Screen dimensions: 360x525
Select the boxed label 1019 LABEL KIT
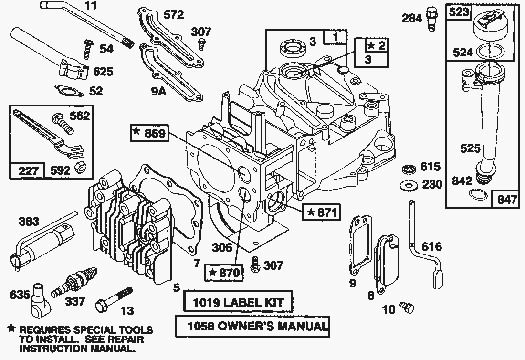(x=238, y=302)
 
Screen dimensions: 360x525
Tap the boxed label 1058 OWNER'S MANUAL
(x=252, y=327)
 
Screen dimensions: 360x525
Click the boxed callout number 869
(x=150, y=133)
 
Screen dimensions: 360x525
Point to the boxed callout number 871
(x=320, y=212)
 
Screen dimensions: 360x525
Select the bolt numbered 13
(x=115, y=298)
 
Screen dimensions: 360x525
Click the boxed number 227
(x=27, y=170)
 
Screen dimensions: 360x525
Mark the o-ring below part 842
(x=476, y=194)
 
